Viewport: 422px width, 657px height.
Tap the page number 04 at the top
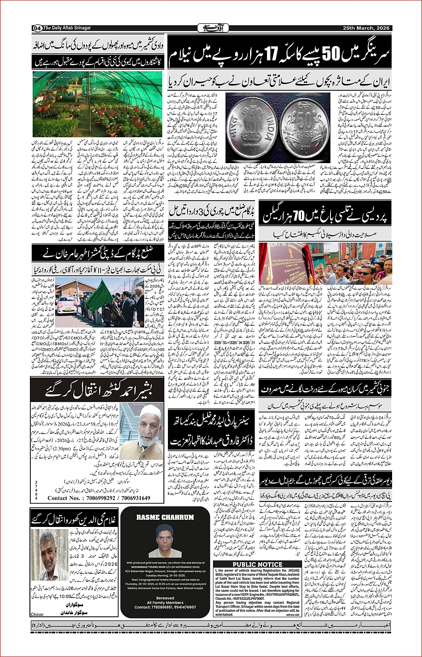click(37, 28)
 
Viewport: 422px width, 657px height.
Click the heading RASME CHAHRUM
click(165, 518)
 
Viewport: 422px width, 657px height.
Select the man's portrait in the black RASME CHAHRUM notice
click(165, 541)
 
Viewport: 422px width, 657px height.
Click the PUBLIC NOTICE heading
click(257, 564)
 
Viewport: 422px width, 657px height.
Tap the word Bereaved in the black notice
click(165, 598)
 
